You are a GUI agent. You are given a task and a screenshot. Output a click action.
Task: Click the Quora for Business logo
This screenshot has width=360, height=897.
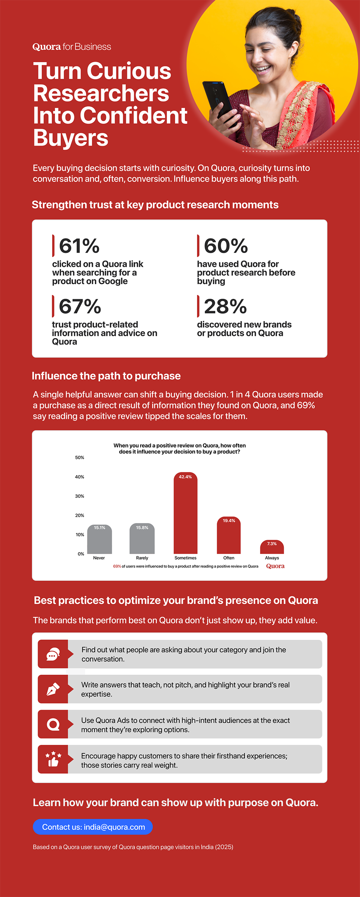pyautogui.click(x=72, y=47)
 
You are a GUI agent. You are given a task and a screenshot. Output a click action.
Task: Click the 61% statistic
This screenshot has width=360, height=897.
pyautogui.click(x=79, y=246)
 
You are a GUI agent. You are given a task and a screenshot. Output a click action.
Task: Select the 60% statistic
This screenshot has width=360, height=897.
pyautogui.click(x=226, y=246)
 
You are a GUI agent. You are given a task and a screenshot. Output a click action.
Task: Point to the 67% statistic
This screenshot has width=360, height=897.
pyautogui.click(x=80, y=307)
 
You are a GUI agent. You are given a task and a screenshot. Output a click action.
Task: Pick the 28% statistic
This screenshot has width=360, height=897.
pyautogui.click(x=225, y=307)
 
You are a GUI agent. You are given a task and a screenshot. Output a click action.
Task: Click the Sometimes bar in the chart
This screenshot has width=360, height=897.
pyautogui.click(x=185, y=514)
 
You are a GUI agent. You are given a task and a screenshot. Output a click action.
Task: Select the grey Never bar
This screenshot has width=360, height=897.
pyautogui.click(x=99, y=540)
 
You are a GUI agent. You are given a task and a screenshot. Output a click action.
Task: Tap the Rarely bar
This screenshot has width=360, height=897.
pyautogui.click(x=142, y=539)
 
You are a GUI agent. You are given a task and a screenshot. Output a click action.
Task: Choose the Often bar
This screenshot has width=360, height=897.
pyautogui.click(x=229, y=536)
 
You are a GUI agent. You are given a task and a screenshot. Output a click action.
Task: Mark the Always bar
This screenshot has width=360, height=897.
pyautogui.click(x=272, y=548)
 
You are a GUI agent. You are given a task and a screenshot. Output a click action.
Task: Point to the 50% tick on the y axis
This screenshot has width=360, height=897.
pyautogui.click(x=79, y=458)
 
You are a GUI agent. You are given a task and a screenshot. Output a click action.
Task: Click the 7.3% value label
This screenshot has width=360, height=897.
pyautogui.click(x=272, y=544)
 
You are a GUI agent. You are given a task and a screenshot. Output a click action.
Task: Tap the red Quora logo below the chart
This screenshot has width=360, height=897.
pyautogui.click(x=275, y=566)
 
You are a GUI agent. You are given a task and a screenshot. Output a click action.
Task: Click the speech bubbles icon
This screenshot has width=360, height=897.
pyautogui.click(x=53, y=654)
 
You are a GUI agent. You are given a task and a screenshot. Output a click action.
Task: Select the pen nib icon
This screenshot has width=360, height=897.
pyautogui.click(x=53, y=689)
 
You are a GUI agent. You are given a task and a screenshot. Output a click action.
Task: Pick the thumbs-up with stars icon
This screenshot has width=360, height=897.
pyautogui.click(x=53, y=759)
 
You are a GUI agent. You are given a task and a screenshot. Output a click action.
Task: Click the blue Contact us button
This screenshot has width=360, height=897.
pyautogui.click(x=93, y=827)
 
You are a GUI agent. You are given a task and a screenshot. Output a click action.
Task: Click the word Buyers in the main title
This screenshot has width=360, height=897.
pyautogui.click(x=70, y=138)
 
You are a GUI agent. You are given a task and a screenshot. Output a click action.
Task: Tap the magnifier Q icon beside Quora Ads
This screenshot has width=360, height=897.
pyautogui.click(x=53, y=724)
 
